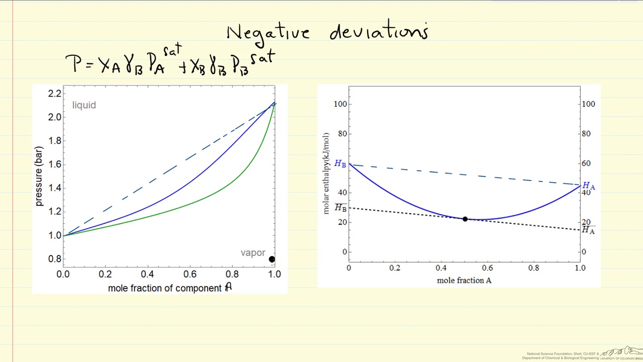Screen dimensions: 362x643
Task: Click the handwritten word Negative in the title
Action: coord(268,33)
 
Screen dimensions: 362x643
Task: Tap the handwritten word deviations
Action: coord(379,33)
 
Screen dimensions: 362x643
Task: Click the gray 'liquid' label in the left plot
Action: coord(84,105)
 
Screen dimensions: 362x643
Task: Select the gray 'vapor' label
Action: coord(253,253)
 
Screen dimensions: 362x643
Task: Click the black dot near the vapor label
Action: coord(272,259)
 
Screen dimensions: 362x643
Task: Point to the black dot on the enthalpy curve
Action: coord(465,219)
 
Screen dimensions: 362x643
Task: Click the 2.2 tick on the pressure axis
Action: coord(55,94)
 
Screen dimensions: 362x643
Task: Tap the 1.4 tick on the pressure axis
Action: coord(55,188)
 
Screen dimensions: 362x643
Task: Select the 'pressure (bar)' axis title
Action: coord(39,176)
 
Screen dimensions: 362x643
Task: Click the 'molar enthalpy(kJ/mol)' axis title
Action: coord(326,173)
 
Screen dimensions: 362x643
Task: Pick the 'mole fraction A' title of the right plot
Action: coord(464,281)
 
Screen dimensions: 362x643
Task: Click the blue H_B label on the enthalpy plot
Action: coord(340,164)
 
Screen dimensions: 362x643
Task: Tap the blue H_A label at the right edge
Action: coord(588,187)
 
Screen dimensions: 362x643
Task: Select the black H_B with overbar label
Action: coord(340,207)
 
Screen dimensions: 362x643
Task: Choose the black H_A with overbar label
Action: coord(588,230)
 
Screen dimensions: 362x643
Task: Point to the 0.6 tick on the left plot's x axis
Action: coord(190,275)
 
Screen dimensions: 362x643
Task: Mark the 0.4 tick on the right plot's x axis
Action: coord(441,268)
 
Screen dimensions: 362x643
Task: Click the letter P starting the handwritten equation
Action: coord(73,64)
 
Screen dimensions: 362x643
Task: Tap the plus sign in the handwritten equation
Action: coord(183,67)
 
